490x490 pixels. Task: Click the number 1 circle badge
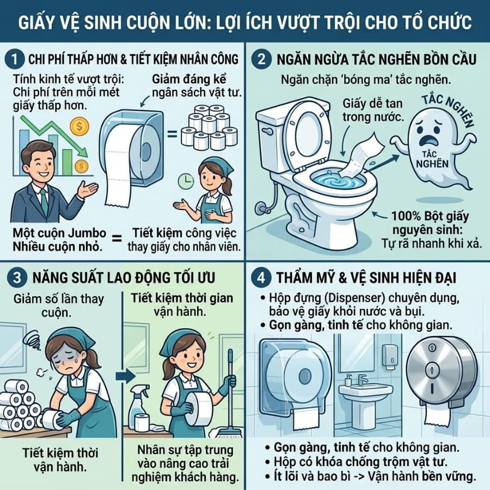coord(15,59)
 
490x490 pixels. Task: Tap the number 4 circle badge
coord(261,278)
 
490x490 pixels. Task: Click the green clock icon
coord(186,181)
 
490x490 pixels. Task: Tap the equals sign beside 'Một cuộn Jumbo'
coord(117,240)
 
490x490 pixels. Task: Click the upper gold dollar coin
coord(79,126)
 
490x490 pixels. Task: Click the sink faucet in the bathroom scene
coord(362,379)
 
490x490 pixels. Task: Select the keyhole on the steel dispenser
coord(432,366)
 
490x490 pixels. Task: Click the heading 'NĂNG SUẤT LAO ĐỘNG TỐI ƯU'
coord(124,278)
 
